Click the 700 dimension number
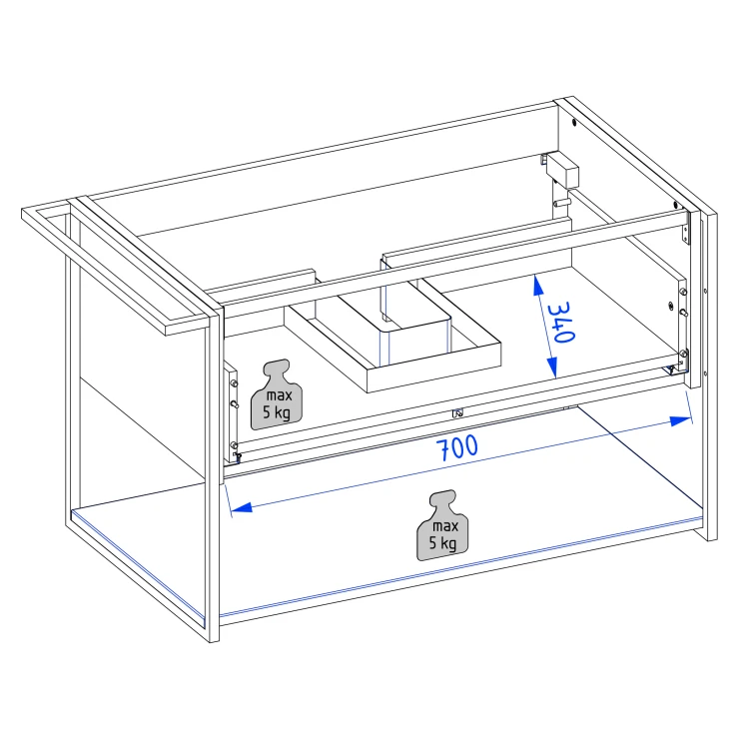(x=456, y=447)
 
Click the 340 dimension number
(x=561, y=322)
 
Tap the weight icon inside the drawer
(x=277, y=394)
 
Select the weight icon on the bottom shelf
(x=442, y=525)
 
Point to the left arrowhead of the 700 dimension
(x=242, y=507)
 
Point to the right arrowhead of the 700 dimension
(x=680, y=420)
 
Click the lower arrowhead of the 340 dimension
(x=552, y=368)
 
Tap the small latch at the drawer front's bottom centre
(x=457, y=412)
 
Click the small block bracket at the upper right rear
(x=562, y=168)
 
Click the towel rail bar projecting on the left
(x=117, y=270)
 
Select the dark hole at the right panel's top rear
(x=574, y=123)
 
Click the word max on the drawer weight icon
(x=280, y=394)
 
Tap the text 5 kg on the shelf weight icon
(x=442, y=542)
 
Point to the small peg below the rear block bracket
(x=562, y=203)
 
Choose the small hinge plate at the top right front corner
(x=685, y=234)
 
